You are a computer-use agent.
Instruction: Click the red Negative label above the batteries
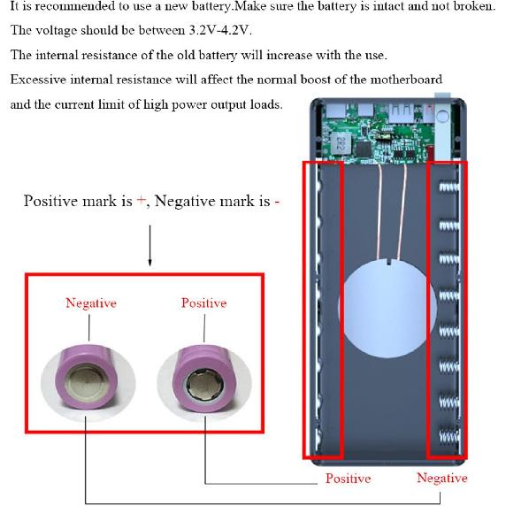(x=90, y=303)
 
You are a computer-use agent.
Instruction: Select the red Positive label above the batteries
(x=203, y=303)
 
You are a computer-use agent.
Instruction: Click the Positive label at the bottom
(x=348, y=479)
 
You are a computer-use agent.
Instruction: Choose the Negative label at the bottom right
(x=441, y=479)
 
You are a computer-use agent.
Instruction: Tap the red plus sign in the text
(x=140, y=201)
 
